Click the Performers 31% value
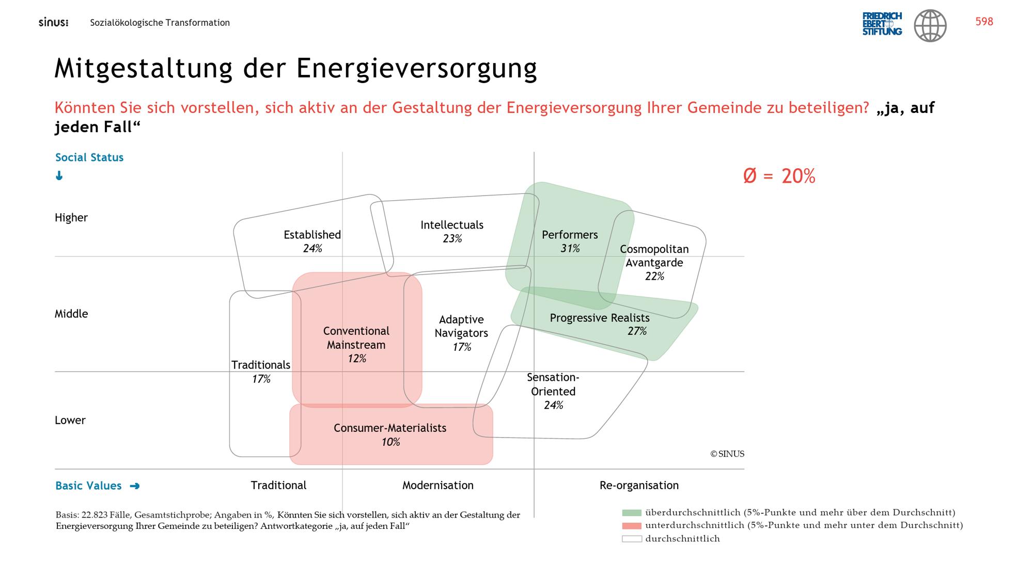click(570, 249)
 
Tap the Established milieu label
click(312, 235)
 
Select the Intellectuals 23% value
click(452, 238)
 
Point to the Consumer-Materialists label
click(390, 428)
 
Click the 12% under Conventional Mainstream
click(357, 359)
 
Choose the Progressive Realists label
click(600, 318)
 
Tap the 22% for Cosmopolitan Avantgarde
click(654, 276)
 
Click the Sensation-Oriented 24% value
click(553, 405)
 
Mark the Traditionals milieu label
click(261, 365)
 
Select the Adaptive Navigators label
click(461, 326)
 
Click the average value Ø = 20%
click(779, 176)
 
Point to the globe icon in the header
click(930, 25)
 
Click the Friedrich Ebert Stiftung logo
click(882, 24)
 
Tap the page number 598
click(984, 22)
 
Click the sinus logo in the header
click(53, 23)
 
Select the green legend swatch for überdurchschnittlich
click(632, 513)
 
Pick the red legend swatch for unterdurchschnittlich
click(632, 526)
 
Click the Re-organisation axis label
click(639, 486)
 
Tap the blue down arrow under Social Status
click(59, 176)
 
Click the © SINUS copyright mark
click(727, 454)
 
